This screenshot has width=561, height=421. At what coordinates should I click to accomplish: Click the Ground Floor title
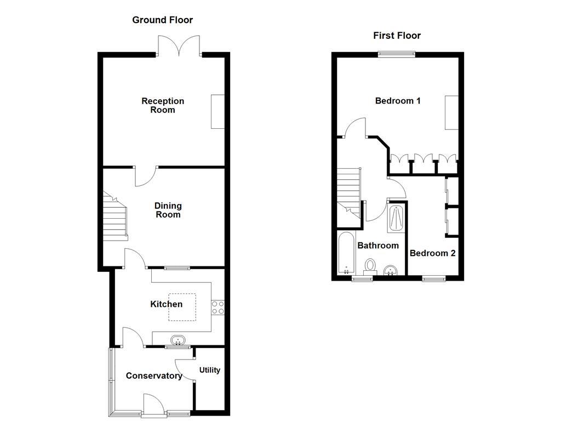[x=162, y=20]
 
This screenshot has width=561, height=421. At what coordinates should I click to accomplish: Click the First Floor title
[x=397, y=36]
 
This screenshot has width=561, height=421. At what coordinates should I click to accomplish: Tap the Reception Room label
[x=163, y=105]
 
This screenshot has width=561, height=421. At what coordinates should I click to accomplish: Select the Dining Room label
[x=168, y=210]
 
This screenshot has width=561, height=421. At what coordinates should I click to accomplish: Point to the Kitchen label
[x=167, y=304]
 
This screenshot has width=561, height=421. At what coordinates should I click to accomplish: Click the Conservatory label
[x=154, y=376]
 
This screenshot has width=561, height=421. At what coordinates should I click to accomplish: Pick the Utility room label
[x=209, y=370]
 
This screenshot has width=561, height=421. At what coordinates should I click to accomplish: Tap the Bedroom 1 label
[x=398, y=101]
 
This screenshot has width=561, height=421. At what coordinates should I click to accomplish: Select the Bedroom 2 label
[x=432, y=253]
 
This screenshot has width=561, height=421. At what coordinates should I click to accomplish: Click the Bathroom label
[x=378, y=246]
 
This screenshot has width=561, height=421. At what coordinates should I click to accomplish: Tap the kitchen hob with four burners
[x=217, y=308]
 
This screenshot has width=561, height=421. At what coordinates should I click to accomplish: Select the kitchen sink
[x=178, y=340]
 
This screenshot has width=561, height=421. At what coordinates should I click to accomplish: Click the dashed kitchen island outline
[x=182, y=306]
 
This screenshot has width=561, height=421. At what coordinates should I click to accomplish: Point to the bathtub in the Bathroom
[x=346, y=253]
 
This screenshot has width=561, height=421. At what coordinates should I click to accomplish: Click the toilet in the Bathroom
[x=370, y=266]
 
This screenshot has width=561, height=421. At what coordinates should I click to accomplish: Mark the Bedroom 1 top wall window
[x=397, y=54]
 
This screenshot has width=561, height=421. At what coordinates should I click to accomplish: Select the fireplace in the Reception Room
[x=218, y=112]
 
